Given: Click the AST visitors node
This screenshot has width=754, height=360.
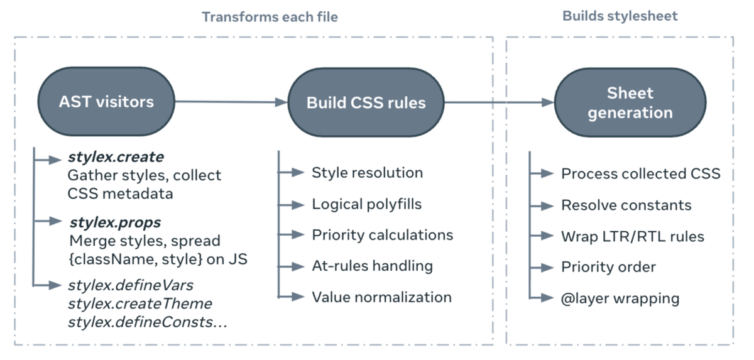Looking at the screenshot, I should click(106, 102).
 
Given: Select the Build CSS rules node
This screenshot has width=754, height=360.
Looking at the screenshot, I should click(366, 102).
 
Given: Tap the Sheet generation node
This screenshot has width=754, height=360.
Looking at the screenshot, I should click(630, 103).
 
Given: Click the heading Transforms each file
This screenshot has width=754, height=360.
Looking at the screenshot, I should click(270, 17).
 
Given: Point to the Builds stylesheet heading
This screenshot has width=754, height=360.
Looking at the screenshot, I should click(620, 16).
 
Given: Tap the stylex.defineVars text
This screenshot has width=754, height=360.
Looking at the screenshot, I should click(130, 285).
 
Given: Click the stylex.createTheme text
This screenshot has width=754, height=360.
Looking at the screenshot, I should click(139, 303).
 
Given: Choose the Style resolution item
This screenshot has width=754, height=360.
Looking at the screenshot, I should click(367, 172).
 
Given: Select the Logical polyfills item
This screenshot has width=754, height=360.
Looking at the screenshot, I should click(366, 204).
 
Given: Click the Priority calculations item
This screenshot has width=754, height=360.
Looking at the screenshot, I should click(382, 234).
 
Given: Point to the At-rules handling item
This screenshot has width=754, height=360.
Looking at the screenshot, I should click(372, 266).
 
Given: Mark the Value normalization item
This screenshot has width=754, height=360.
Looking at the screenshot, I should click(381, 297).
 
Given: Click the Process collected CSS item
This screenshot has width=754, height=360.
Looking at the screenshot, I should click(640, 173).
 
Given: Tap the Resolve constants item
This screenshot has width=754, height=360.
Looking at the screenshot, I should click(626, 205).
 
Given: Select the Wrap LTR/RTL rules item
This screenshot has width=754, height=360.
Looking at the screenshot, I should click(632, 236).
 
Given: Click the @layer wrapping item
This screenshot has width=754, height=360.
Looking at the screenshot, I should click(620, 298).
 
